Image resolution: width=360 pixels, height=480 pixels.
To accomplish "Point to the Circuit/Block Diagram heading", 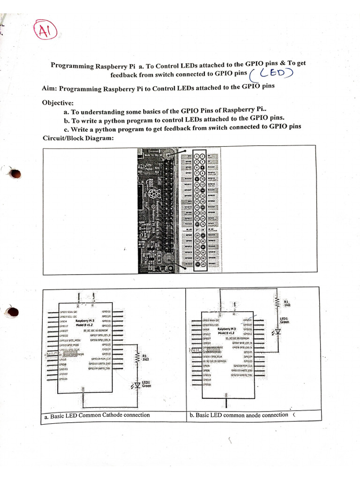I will (x=77, y=138).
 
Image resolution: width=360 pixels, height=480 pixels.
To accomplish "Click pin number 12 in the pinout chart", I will (x=203, y=184).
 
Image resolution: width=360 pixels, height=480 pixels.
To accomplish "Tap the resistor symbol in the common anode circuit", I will (x=277, y=301).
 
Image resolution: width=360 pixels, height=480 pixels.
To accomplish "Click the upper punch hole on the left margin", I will (x=15, y=174).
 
